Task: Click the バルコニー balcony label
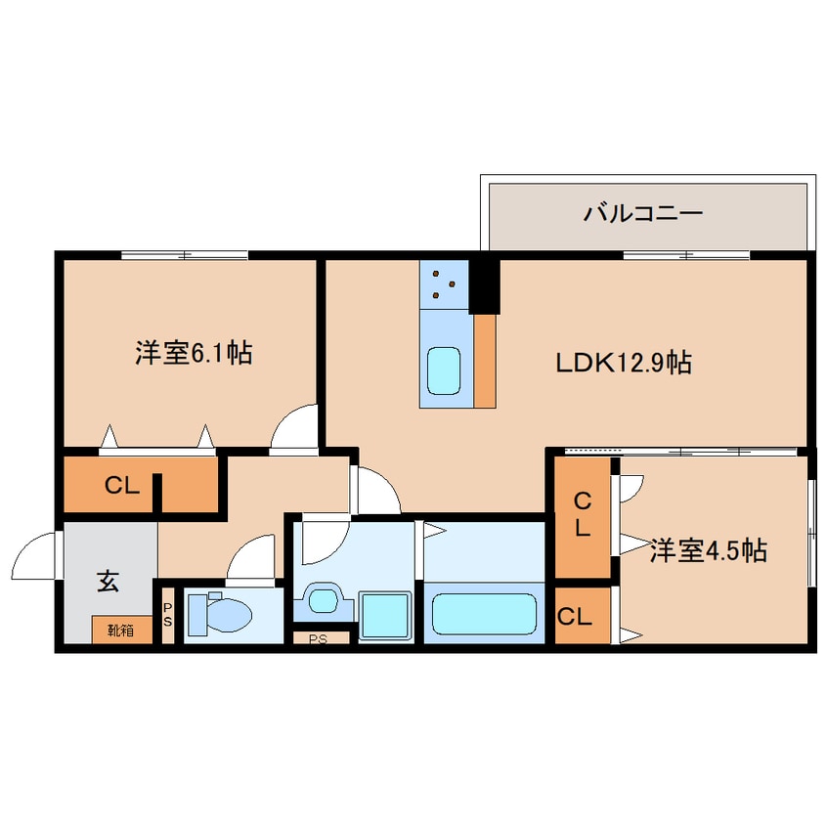point(643,212)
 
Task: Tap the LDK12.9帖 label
point(624,364)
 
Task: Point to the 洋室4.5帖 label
point(708,552)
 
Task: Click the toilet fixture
point(221,615)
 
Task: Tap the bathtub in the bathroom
point(483,613)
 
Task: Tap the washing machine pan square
point(385,615)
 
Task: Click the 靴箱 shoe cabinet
point(123,631)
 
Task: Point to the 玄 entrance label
point(107,583)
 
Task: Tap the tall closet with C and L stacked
point(583,515)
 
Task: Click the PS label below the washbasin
point(319,639)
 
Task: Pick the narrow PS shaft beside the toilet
point(167,615)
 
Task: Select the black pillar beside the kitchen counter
point(485,284)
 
